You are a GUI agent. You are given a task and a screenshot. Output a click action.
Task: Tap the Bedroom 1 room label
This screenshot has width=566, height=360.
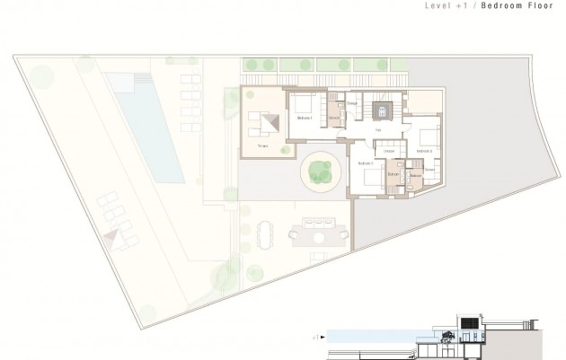tap(304, 118)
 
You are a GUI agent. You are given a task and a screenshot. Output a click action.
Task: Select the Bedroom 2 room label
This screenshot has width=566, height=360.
tap(366, 164)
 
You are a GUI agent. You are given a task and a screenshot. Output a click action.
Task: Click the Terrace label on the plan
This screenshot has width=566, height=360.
tap(262, 145)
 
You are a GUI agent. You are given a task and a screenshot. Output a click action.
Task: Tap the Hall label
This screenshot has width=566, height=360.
tap(379, 131)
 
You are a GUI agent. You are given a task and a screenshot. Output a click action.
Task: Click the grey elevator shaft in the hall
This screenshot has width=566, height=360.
tap(383, 111)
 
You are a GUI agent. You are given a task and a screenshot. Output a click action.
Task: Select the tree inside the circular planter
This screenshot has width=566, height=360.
tap(321, 170)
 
